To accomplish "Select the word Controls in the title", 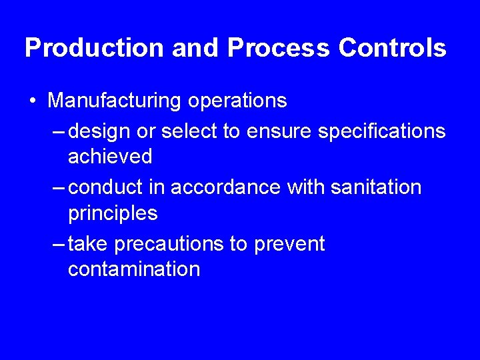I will tap(393, 48).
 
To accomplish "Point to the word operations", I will tap(237, 101).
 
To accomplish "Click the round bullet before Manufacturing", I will tap(33, 101).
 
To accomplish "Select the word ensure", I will tap(279, 131).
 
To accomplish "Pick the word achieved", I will tap(110, 157).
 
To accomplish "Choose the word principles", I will tap(113, 213).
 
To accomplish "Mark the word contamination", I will tap(134, 269).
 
